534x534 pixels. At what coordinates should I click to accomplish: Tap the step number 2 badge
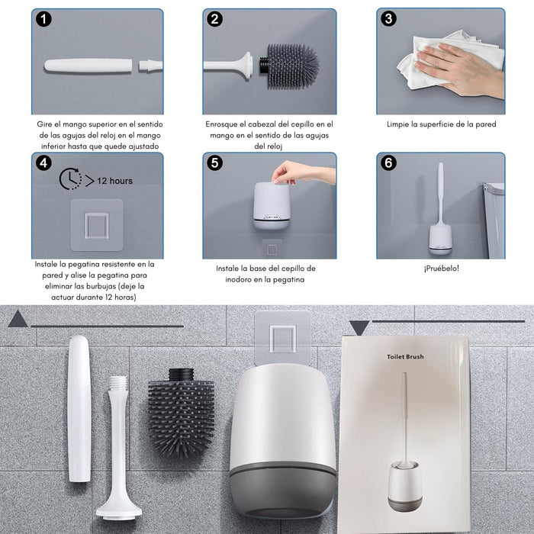[215, 20]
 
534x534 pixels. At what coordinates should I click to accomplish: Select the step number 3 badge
[389, 20]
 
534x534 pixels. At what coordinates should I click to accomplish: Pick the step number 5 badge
[215, 163]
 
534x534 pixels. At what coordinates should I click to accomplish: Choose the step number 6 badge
[389, 163]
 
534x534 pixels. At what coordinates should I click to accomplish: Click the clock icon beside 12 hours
[70, 179]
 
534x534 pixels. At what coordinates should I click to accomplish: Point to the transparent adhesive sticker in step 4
[96, 225]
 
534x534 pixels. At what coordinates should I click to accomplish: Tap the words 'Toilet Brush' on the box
[404, 355]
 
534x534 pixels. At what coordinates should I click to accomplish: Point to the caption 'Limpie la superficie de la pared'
[440, 124]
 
